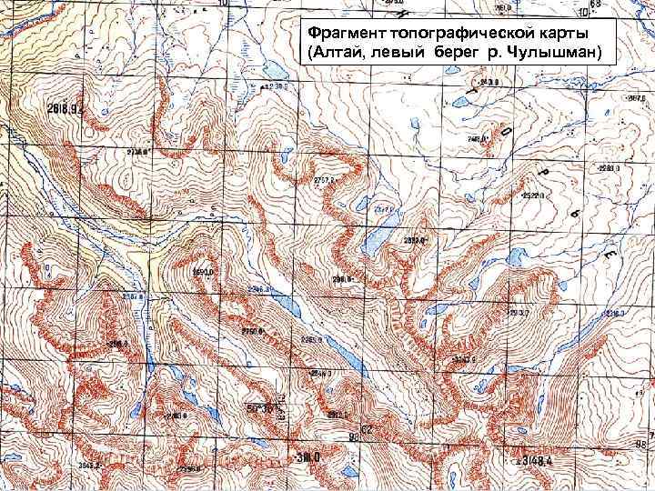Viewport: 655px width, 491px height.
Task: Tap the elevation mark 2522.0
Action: pyautogui.click(x=532, y=195)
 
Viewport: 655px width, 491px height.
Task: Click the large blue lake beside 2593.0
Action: pyautogui.click(x=375, y=242)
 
